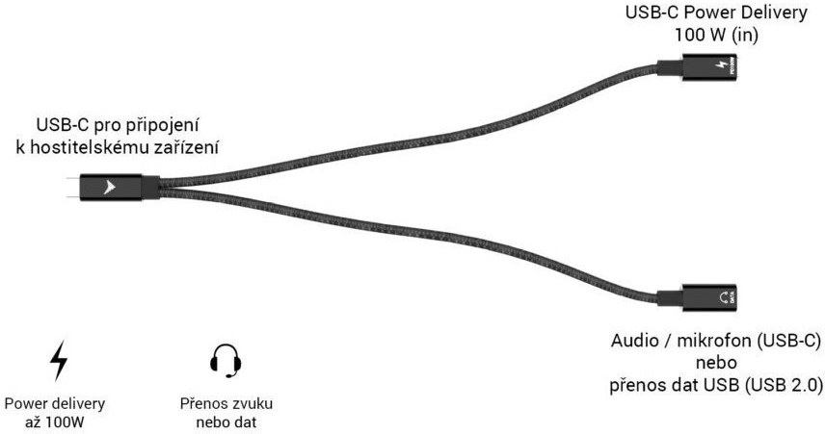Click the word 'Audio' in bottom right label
pos(634,342)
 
